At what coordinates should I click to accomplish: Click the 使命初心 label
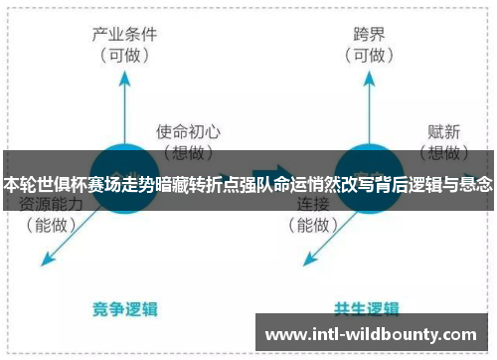(x=188, y=130)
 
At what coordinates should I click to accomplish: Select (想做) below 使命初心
(x=188, y=151)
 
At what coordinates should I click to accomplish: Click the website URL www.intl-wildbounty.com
(x=373, y=334)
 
